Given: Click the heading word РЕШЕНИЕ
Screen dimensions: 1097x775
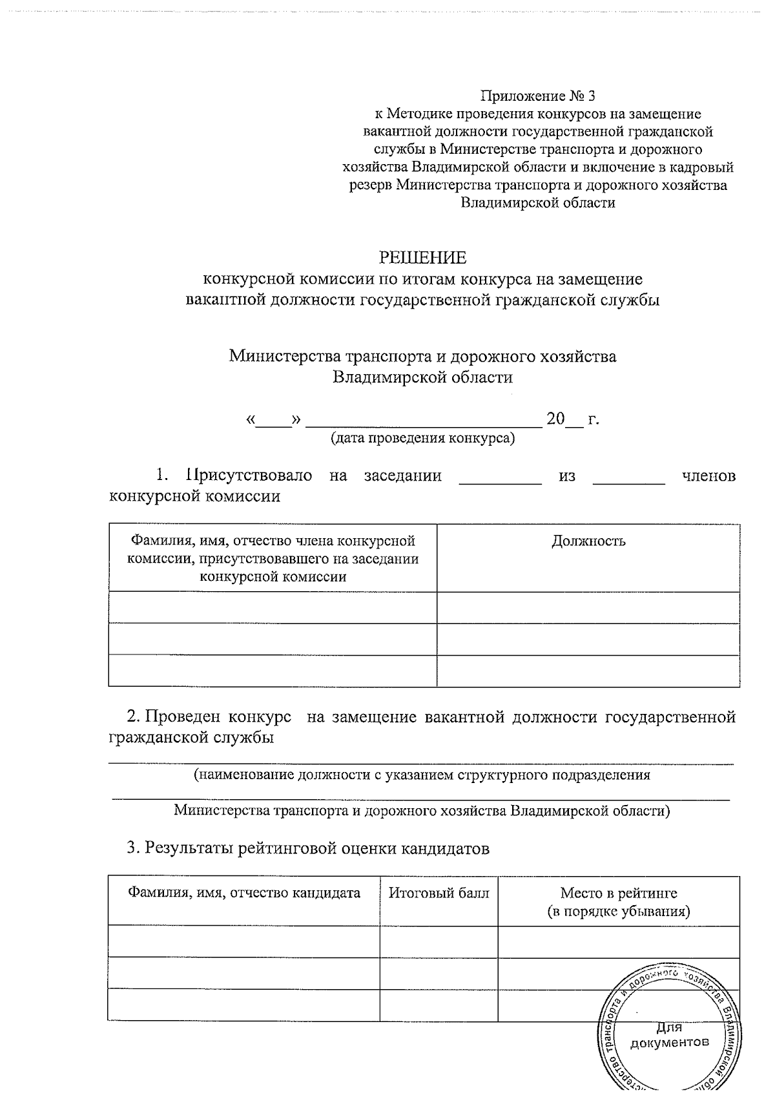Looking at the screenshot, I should tap(422, 258).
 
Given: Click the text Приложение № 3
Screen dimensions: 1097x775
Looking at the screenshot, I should tap(537, 97).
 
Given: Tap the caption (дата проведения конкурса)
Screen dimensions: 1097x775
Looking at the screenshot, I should tap(423, 439).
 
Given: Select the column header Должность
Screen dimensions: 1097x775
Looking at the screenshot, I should tap(588, 541).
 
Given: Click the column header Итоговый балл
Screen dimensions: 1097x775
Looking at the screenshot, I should tap(439, 893).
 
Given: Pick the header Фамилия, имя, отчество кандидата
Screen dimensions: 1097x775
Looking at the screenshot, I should tap(244, 893).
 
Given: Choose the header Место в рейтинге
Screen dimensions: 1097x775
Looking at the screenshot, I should tap(619, 893).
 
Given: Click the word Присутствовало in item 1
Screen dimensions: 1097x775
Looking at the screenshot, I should tap(249, 476).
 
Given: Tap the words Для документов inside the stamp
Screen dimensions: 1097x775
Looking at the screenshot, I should tap(669, 1034).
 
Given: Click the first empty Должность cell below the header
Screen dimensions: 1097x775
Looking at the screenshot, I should tap(588, 608).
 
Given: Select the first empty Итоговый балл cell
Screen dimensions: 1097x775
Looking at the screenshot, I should tap(439, 941).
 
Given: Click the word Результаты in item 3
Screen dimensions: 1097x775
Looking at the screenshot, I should tap(189, 848).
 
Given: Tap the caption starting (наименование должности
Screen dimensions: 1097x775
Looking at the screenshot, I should tap(422, 775).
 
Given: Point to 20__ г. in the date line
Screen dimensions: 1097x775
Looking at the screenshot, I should tap(573, 419).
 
